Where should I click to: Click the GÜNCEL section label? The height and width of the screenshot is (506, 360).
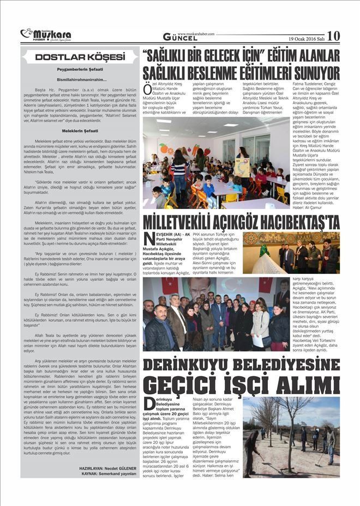pos(182,37)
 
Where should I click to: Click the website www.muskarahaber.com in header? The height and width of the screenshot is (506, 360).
pos(196,33)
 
